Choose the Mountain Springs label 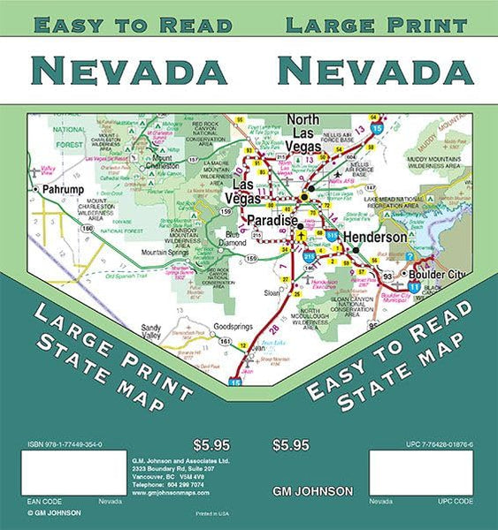[166, 252]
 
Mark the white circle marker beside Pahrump [35, 189]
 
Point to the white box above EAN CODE [73, 473]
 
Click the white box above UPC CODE [421, 473]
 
